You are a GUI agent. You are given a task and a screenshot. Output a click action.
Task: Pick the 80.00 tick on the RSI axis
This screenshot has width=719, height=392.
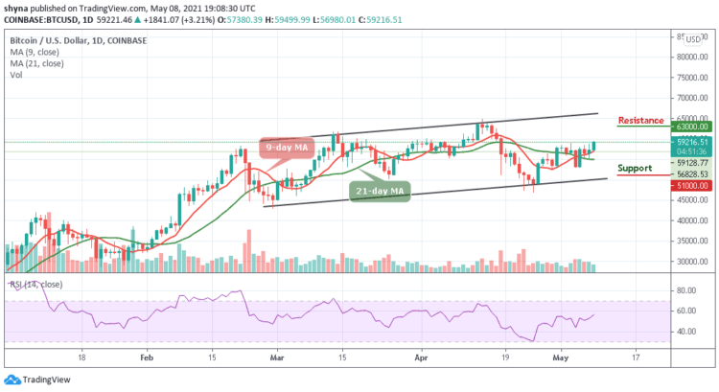point(684,289)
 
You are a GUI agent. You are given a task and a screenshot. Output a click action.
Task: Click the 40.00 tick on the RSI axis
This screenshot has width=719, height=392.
point(684,332)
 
